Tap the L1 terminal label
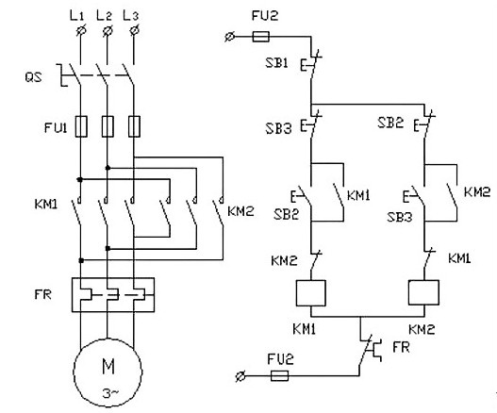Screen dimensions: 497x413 [x=76, y=15]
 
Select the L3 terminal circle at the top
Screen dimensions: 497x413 [x=135, y=31]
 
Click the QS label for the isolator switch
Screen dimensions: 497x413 [x=34, y=77]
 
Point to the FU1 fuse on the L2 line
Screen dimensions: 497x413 [x=108, y=126]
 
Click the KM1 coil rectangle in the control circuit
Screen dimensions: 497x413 [x=310, y=293]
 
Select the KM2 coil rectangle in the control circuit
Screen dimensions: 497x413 [x=423, y=292]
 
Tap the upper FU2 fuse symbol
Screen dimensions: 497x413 [x=261, y=37]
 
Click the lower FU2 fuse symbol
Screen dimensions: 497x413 [x=279, y=375]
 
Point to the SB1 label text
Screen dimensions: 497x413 [x=277, y=63]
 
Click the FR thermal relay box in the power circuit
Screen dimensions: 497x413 [x=113, y=295]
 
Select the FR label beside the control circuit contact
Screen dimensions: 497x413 [x=401, y=347]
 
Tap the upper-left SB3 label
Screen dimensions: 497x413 [x=278, y=128]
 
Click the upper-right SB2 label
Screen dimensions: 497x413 [x=390, y=123]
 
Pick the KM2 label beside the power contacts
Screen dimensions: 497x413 [x=240, y=211]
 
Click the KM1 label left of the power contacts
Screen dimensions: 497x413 [x=46, y=204]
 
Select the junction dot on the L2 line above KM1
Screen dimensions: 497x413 [x=108, y=168]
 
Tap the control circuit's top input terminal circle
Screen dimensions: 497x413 [x=229, y=37]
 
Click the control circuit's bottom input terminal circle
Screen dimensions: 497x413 [x=240, y=376]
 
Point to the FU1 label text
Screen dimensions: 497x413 [x=56, y=127]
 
